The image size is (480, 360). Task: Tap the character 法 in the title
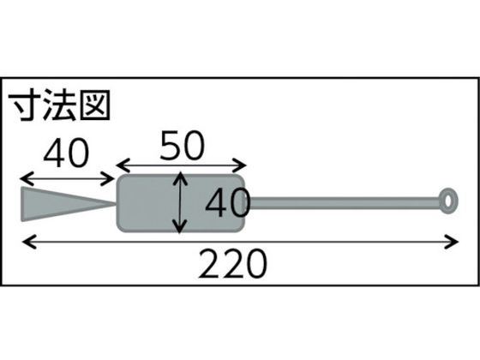[x=59, y=105]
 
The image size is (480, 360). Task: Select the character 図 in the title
[x=95, y=105]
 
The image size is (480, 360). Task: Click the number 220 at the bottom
[x=232, y=263]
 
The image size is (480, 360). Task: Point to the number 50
[x=182, y=146]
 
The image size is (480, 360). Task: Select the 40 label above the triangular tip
[x=66, y=153]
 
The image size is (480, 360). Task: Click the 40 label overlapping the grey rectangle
[x=228, y=202]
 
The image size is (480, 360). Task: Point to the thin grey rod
[x=344, y=203]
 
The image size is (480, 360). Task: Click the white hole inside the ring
[x=448, y=201]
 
